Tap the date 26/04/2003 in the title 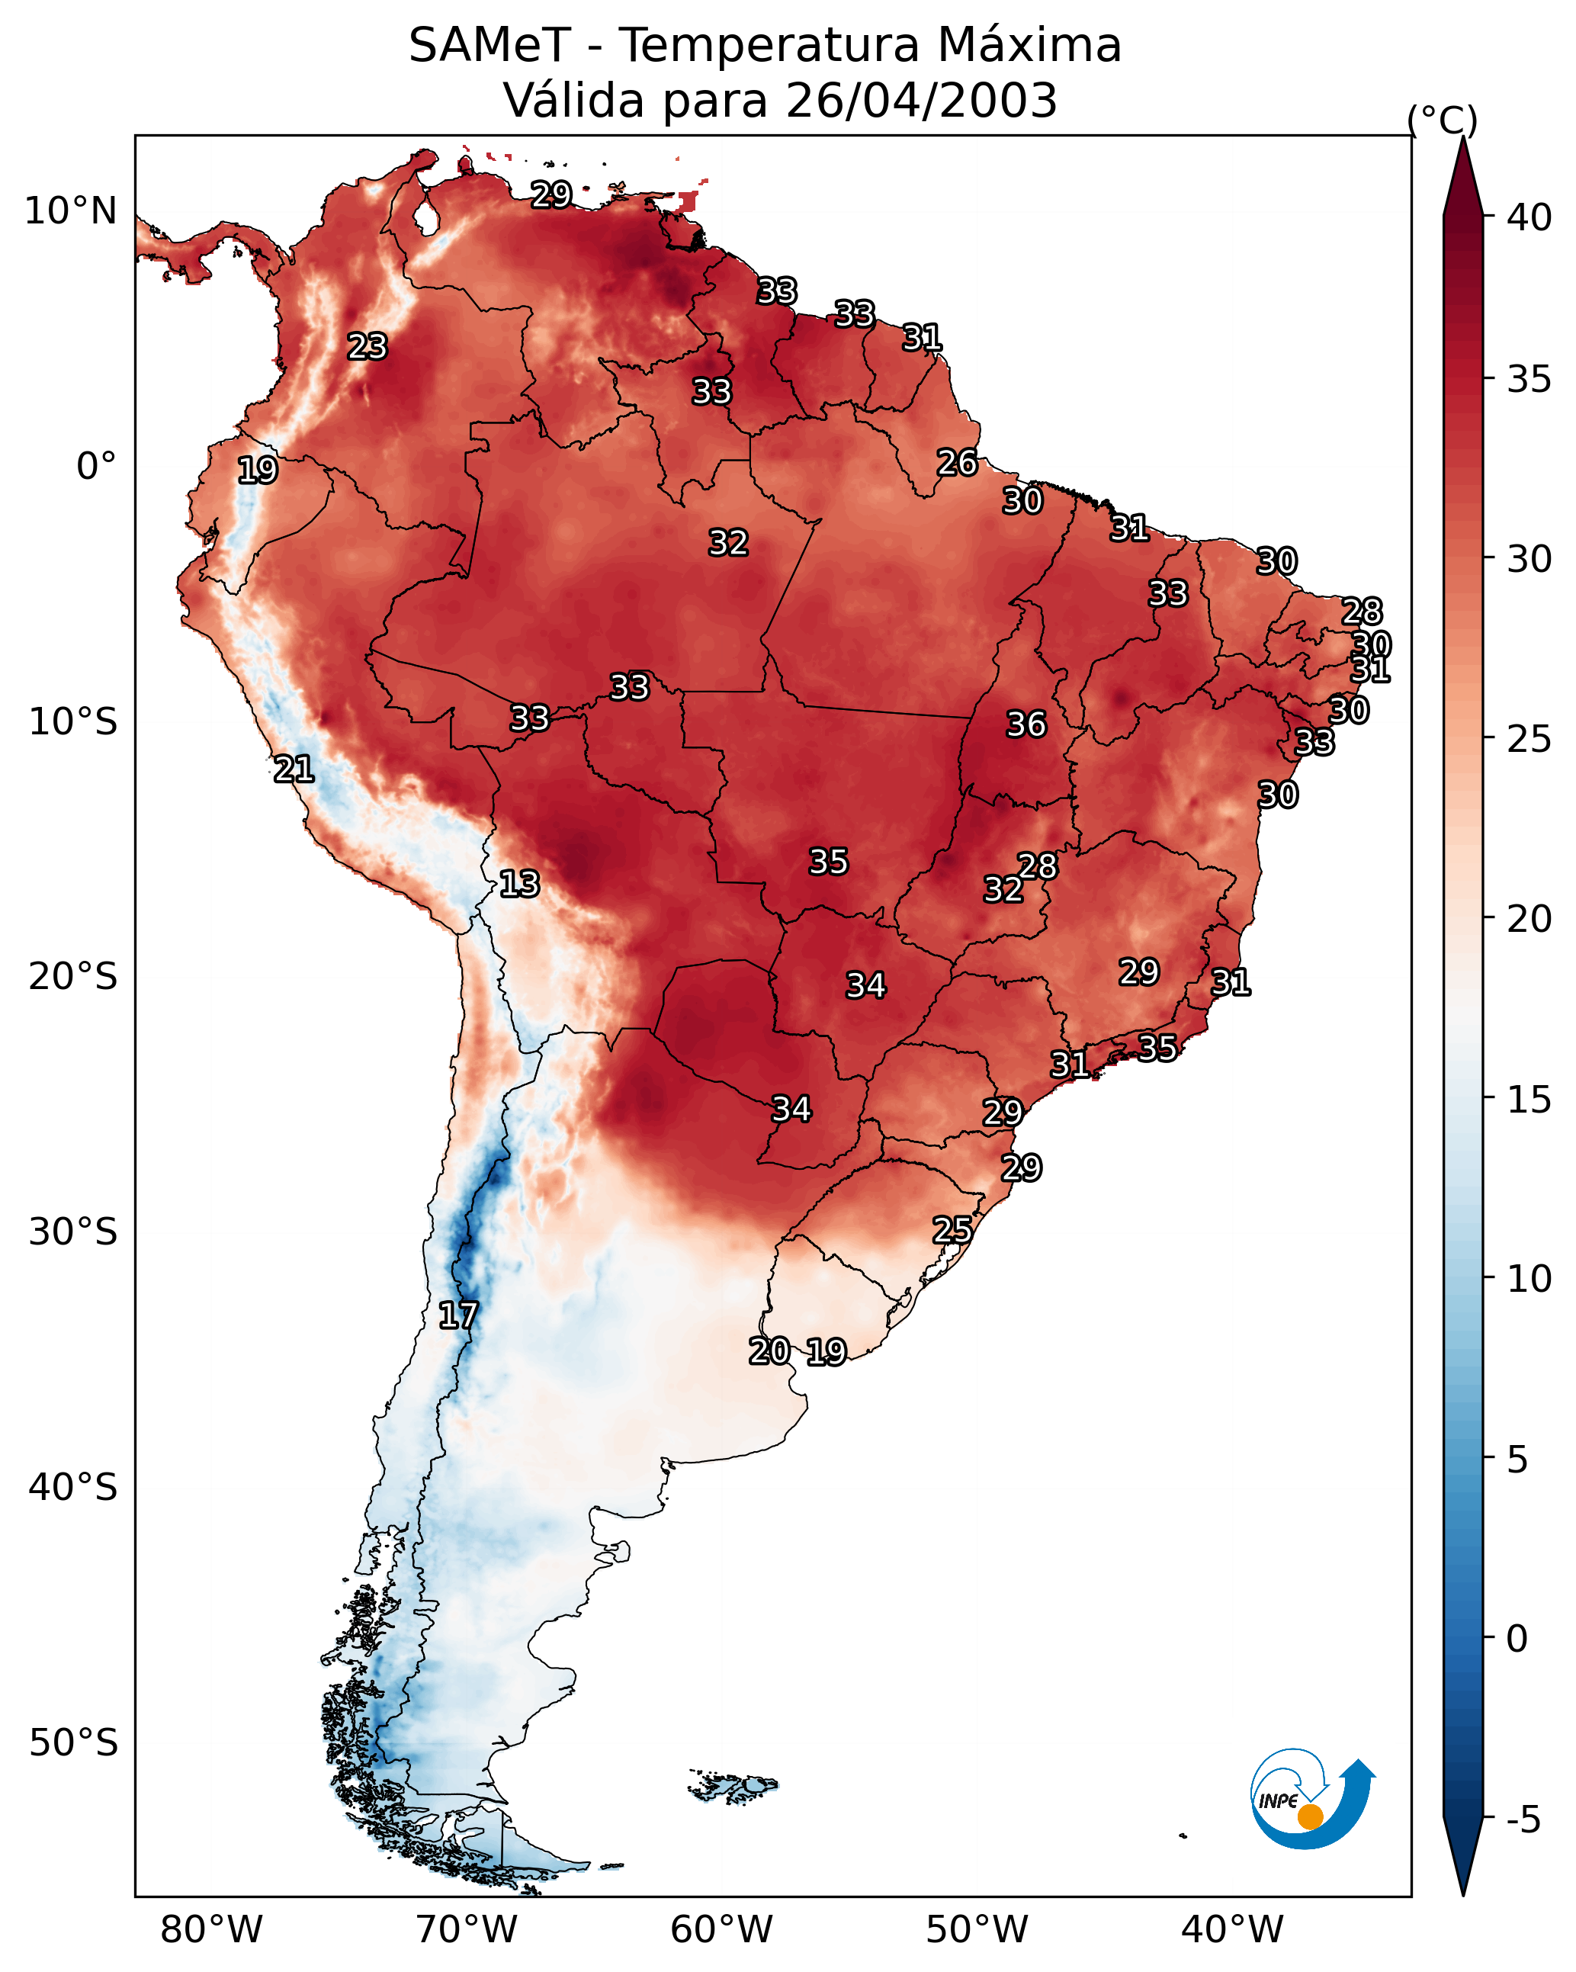[x=921, y=101]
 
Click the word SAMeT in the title [x=489, y=46]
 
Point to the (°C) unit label [x=1442, y=120]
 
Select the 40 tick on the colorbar [x=1529, y=217]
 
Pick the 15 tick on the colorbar [x=1529, y=1100]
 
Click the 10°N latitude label [x=70, y=211]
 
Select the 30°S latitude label [x=73, y=1232]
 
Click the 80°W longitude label [x=211, y=1929]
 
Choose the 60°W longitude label [x=722, y=1929]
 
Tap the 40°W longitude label [x=1232, y=1929]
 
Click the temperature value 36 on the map [x=1026, y=724]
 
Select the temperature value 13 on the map [x=518, y=884]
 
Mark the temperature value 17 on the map [x=457, y=1315]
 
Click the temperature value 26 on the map [x=957, y=463]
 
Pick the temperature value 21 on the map [x=294, y=769]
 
